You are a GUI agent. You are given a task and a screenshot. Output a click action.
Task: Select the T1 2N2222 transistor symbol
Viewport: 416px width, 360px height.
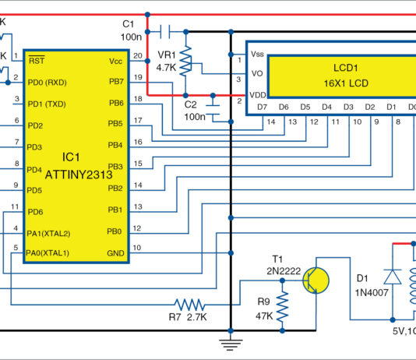(316, 279)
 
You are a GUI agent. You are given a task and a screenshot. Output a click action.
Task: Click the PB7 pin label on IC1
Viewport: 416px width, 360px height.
(115, 82)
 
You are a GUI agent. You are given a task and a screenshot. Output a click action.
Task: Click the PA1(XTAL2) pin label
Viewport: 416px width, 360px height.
(49, 232)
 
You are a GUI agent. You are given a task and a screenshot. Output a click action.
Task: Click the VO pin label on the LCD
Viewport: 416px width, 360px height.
(257, 73)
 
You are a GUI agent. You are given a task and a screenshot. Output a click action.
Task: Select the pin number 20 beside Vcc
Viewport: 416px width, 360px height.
(138, 55)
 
